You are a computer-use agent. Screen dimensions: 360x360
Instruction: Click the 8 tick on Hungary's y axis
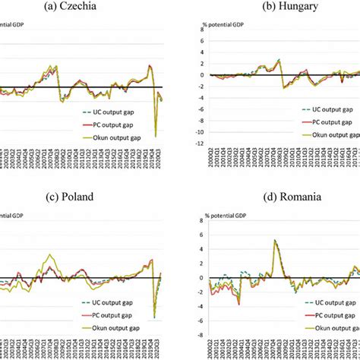[x=205, y=29]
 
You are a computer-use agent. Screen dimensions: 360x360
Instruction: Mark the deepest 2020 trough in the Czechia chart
[x=156, y=137]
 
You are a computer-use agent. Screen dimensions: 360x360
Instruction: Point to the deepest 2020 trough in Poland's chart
[x=154, y=317]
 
